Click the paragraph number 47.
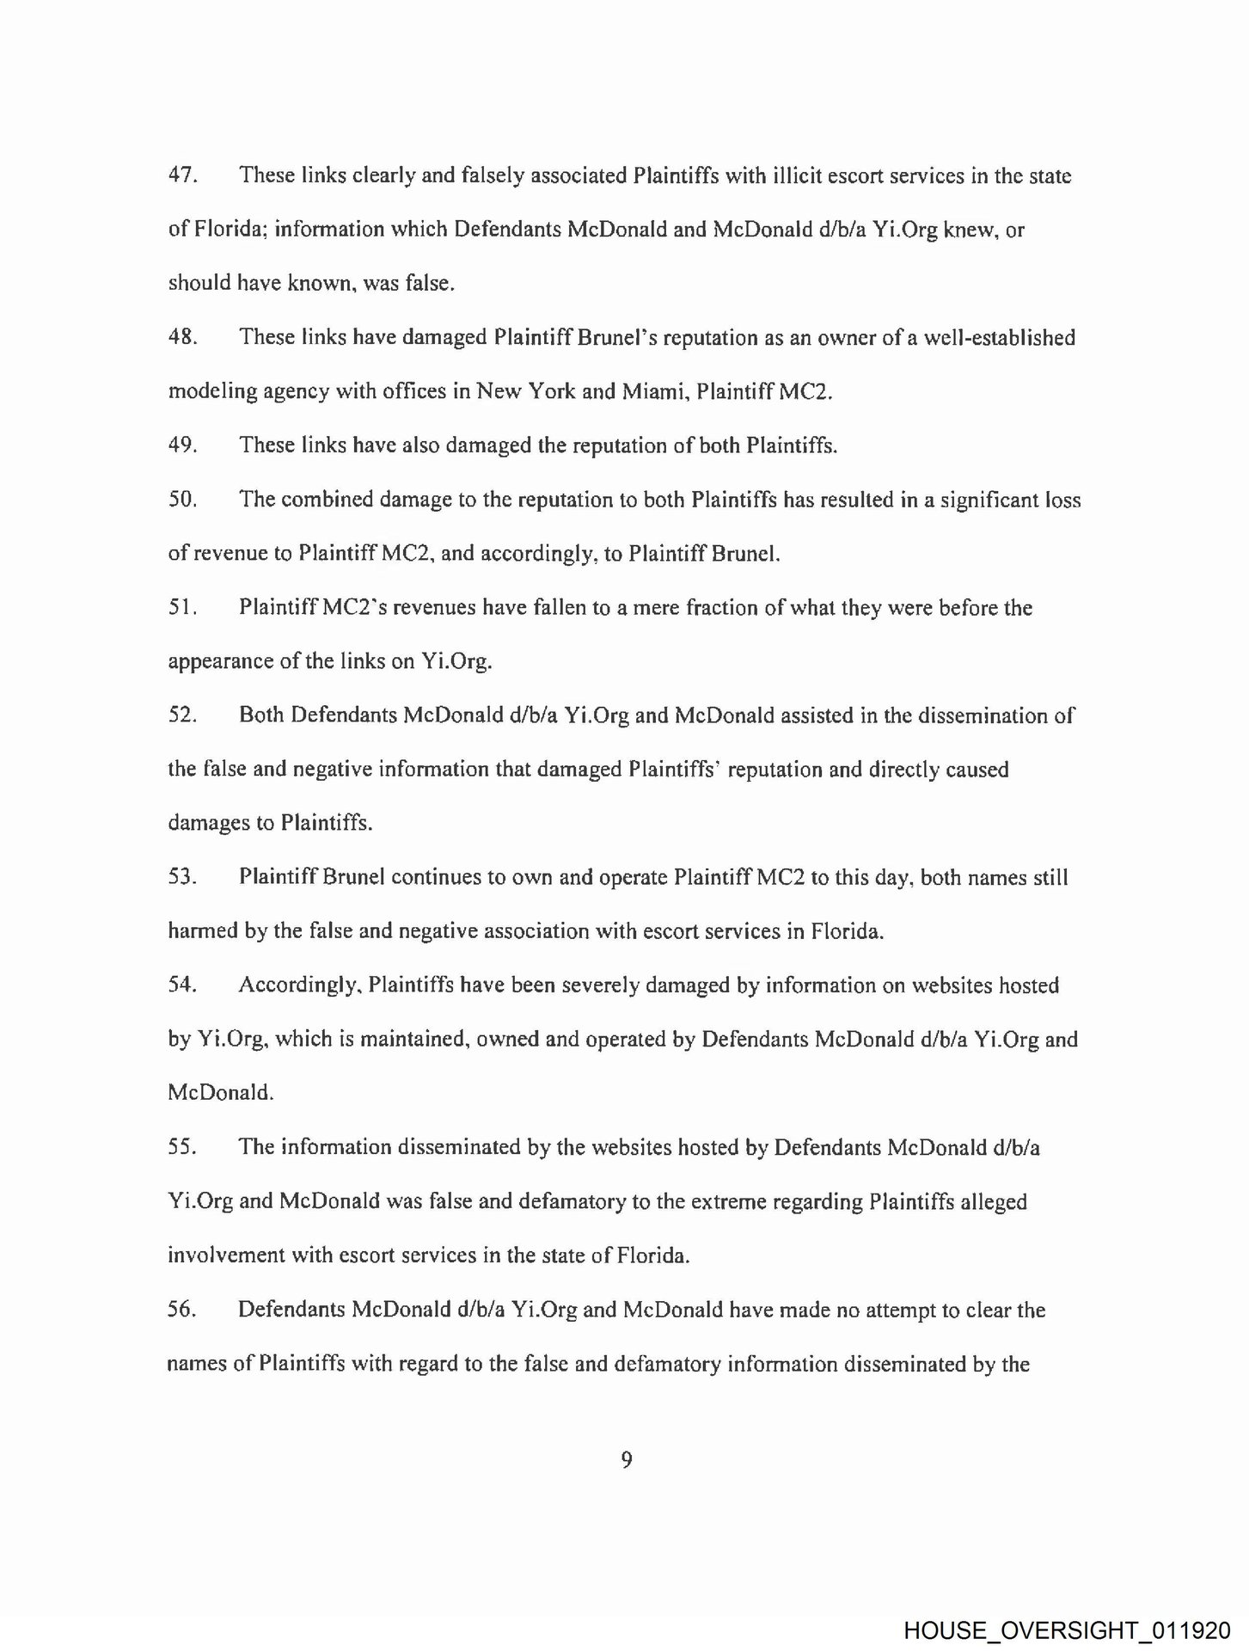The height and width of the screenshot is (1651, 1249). click(x=182, y=175)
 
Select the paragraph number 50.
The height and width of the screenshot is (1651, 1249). click(x=182, y=500)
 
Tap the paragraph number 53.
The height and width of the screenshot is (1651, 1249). click(x=182, y=878)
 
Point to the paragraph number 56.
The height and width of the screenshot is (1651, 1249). click(x=182, y=1310)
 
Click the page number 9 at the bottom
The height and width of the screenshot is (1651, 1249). click(x=626, y=1459)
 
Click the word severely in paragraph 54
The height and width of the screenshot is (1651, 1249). click(x=600, y=986)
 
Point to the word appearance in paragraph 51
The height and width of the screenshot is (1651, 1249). click(x=221, y=663)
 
